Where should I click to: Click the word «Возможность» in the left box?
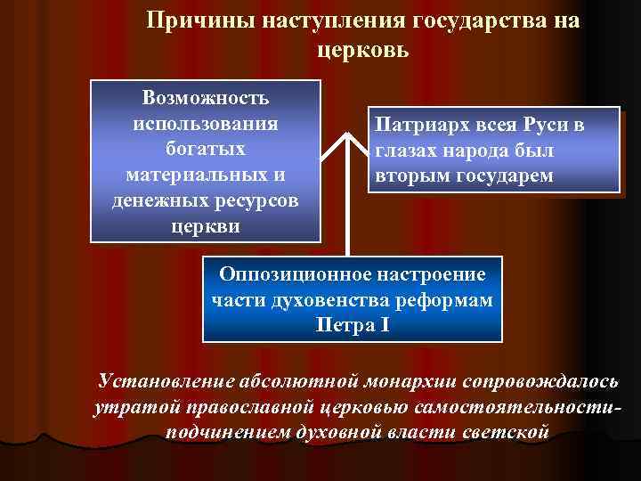coord(206,95)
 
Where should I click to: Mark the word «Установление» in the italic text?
coord(166,381)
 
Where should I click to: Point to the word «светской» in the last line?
coord(508,433)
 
